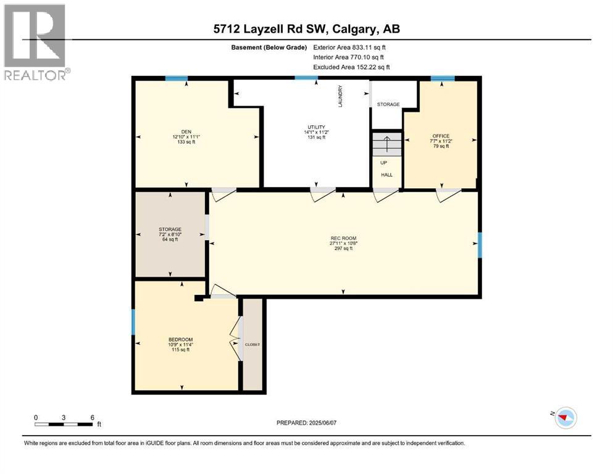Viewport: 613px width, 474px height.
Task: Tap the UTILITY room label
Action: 315,127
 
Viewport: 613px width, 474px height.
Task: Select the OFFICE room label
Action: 441,136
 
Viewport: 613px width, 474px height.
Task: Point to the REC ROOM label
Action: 344,238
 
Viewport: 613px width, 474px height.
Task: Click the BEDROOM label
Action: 181,339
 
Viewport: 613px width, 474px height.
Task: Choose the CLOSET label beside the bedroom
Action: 252,344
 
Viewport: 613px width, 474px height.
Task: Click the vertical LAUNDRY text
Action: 340,96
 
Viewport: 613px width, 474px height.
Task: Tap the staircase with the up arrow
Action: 386,145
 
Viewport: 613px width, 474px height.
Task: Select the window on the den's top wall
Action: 176,78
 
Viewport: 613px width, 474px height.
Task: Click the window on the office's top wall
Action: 442,78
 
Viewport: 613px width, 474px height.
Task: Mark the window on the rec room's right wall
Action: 480,244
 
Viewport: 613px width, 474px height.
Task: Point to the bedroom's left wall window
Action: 133,322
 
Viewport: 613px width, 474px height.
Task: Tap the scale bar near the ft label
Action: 64,425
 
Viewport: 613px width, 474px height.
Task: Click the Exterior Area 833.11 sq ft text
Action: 350,47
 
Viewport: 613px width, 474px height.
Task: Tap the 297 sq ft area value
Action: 344,249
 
